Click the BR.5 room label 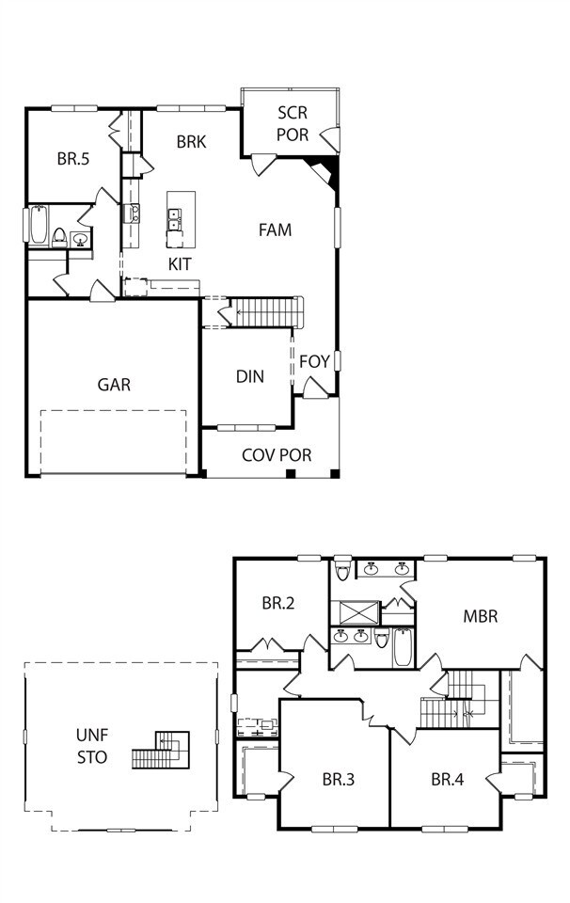72,159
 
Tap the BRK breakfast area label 191,142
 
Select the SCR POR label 293,124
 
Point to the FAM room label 276,230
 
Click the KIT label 180,264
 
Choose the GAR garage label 114,384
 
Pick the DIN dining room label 249,376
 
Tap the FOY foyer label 314,361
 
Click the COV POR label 277,455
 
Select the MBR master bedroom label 480,617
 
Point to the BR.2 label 278,603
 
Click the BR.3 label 339,779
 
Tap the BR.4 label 448,779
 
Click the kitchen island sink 175,219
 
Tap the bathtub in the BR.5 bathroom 38,225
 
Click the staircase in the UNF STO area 161,750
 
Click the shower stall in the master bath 357,612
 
